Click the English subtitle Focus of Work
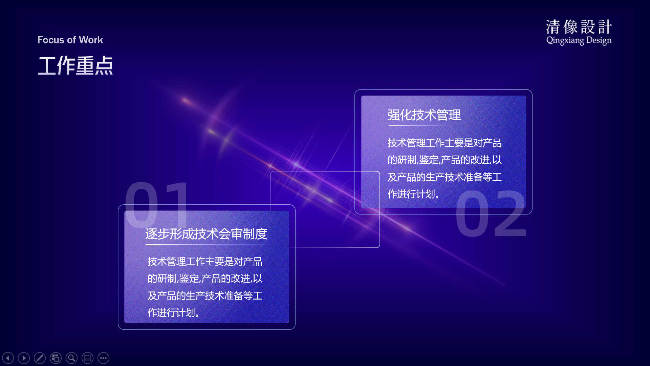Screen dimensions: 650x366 70,40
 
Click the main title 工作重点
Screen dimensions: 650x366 75,65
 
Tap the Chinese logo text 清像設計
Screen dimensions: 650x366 579,27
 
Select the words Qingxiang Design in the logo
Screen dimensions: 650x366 579,40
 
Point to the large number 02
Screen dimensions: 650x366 491,213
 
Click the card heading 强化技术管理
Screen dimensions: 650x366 424,115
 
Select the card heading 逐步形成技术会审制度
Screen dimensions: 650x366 206,234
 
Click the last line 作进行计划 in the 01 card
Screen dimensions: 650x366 173,312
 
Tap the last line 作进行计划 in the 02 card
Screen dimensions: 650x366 413,194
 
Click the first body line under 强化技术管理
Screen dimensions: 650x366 445,143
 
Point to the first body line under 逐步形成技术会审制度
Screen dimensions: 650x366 205,262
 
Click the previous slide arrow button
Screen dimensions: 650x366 8,358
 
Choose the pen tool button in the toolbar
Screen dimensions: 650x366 40,358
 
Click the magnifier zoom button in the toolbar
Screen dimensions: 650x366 71,358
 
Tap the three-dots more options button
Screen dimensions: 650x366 103,358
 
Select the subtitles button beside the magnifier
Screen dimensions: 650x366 87,358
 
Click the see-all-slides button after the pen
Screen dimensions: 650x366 56,358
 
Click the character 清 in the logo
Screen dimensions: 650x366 553,27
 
